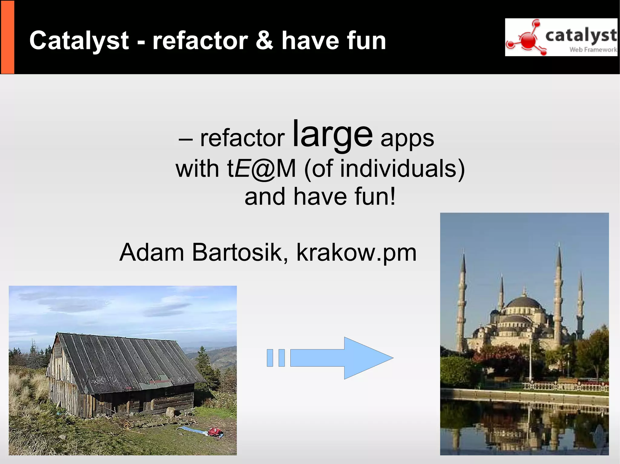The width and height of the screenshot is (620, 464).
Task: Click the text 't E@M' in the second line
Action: click(x=261, y=168)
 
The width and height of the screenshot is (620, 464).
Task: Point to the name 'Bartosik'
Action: click(x=240, y=252)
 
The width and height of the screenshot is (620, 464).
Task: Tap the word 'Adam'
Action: click(x=152, y=252)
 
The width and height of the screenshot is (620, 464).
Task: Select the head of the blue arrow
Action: click(x=368, y=358)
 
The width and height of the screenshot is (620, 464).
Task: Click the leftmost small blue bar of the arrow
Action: click(x=270, y=358)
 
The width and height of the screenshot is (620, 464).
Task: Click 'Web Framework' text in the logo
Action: click(x=593, y=50)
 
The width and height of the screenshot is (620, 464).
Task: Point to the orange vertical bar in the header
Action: click(x=7, y=37)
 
